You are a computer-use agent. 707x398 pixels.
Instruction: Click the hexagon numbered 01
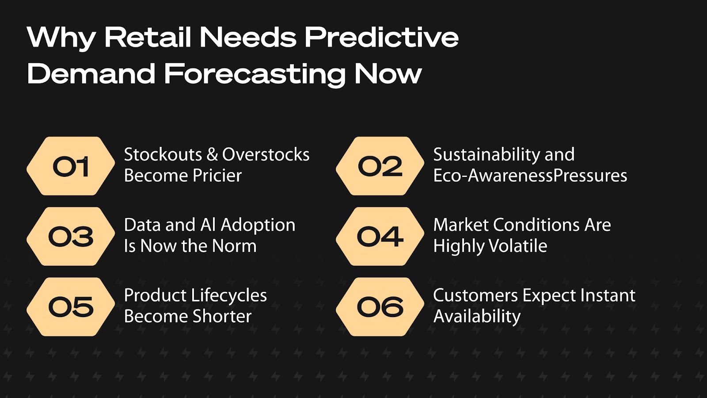pyautogui.click(x=71, y=166)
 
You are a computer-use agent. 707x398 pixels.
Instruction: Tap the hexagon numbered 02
pyautogui.click(x=380, y=166)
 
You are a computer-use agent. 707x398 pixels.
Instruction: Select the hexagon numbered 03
pyautogui.click(x=71, y=236)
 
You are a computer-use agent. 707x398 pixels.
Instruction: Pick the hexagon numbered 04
pyautogui.click(x=380, y=236)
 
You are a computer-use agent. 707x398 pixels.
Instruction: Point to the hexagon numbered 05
pyautogui.click(x=71, y=307)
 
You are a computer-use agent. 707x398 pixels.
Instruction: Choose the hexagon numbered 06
pyautogui.click(x=380, y=307)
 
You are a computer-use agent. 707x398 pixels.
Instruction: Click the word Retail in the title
pyautogui.click(x=148, y=37)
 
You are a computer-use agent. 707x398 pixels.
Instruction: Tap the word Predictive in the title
pyautogui.click(x=381, y=37)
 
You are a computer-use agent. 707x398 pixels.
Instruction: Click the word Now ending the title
pyautogui.click(x=388, y=74)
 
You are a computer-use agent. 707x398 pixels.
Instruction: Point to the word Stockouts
pyautogui.click(x=163, y=154)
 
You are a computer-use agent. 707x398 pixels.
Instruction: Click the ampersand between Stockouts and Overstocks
pyautogui.click(x=212, y=155)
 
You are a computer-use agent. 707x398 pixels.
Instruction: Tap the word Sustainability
pyautogui.click(x=487, y=155)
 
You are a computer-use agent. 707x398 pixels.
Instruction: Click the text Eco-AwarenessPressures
pyautogui.click(x=530, y=176)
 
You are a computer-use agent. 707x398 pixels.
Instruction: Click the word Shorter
pyautogui.click(x=222, y=316)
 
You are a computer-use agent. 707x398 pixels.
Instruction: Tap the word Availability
pyautogui.click(x=477, y=317)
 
